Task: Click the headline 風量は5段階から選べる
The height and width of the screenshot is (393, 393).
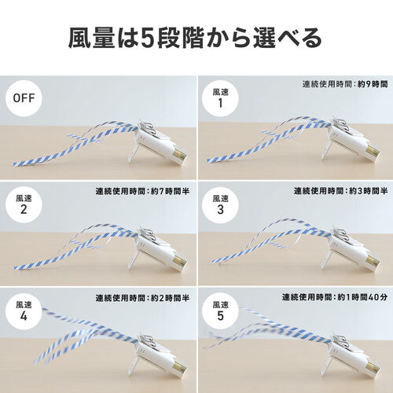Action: [196, 37]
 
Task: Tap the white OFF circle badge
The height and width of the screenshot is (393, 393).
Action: [24, 99]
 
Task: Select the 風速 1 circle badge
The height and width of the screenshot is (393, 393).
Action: [222, 99]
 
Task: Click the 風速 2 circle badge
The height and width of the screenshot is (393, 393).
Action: [24, 205]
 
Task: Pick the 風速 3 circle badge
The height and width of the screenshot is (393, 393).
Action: [222, 205]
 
